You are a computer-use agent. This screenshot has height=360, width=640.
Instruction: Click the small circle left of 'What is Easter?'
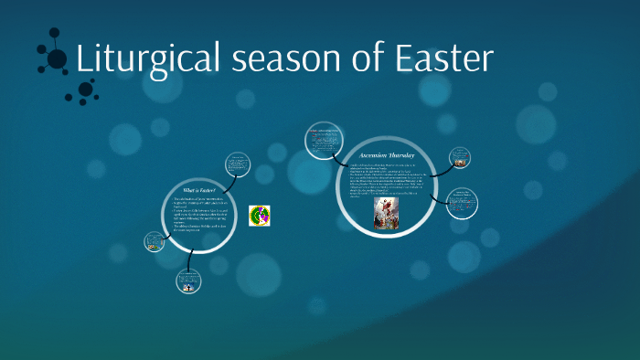tap(154, 241)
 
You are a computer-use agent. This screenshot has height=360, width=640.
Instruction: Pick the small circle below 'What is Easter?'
tap(188, 282)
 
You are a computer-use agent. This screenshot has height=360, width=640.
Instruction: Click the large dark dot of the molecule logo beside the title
tap(57, 59)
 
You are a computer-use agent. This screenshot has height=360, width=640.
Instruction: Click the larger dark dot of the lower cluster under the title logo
tap(86, 89)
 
